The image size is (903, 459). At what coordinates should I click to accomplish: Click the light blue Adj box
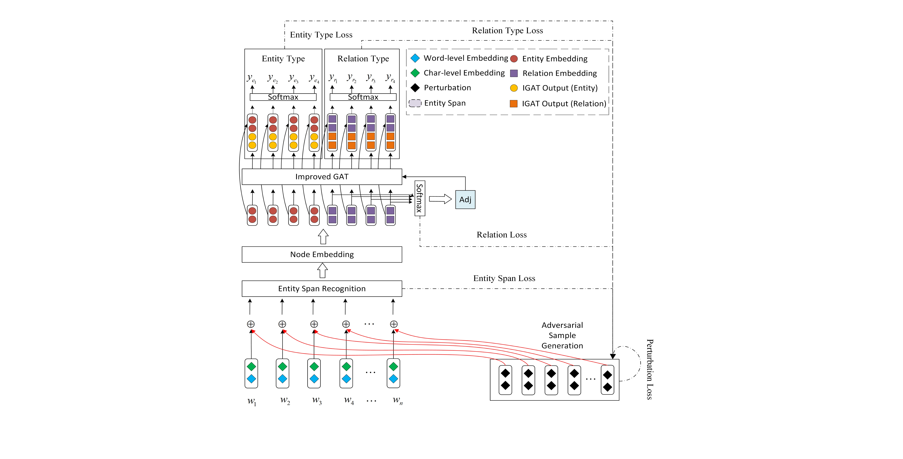[x=465, y=200]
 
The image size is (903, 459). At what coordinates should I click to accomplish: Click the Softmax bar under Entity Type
[x=283, y=97]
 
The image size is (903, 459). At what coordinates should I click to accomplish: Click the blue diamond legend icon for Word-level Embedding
[x=415, y=58]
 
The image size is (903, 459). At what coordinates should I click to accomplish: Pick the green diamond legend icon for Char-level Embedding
[x=415, y=73]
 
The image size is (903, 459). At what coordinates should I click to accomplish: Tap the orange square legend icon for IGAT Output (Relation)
[x=514, y=104]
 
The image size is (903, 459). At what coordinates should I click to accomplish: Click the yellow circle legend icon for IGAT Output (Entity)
[x=514, y=88]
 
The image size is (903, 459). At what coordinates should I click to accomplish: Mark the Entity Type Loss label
[x=321, y=35]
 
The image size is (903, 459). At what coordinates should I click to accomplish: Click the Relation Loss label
[x=501, y=235]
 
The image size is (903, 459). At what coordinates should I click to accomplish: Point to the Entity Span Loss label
[x=504, y=278]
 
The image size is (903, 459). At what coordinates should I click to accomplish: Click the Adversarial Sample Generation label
[x=562, y=335]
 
